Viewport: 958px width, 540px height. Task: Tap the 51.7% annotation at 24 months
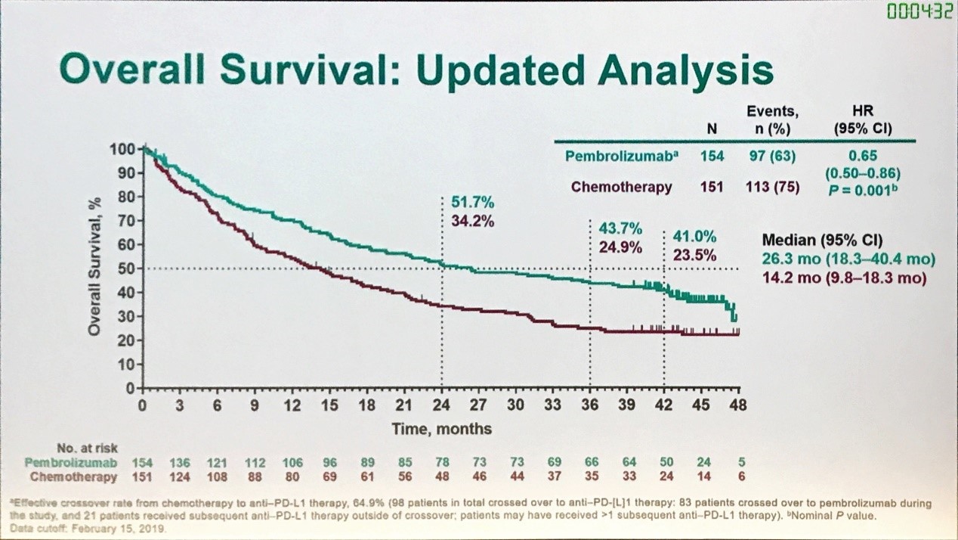click(473, 203)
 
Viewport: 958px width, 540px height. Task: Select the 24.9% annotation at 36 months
click(620, 247)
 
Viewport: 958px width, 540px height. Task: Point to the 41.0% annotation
click(694, 236)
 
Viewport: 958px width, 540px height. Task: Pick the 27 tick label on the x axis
click(478, 405)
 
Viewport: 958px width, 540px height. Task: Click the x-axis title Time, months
click(441, 429)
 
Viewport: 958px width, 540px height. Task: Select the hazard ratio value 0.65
click(863, 157)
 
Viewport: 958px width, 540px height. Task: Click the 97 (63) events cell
click(774, 157)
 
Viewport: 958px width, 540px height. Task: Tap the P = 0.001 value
click(863, 189)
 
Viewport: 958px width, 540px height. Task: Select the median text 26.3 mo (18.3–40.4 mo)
click(848, 259)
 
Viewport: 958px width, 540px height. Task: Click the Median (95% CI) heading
click(822, 241)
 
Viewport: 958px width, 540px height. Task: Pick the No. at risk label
click(88, 448)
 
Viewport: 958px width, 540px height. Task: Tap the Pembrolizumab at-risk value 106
click(292, 462)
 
